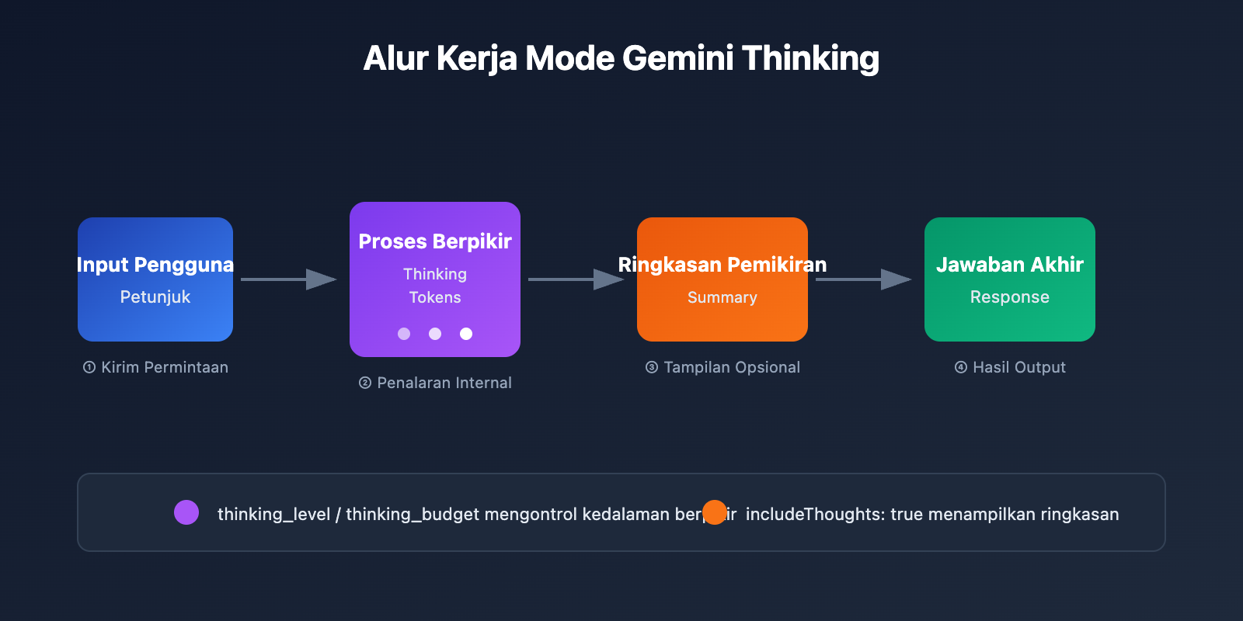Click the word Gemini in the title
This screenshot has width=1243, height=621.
pos(677,59)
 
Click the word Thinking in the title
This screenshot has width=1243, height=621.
pos(810,59)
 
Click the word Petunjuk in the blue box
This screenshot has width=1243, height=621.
pos(155,297)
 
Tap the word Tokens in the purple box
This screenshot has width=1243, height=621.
pos(435,297)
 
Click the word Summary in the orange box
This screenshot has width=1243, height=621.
pos(722,297)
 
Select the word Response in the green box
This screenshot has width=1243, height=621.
pos(1010,297)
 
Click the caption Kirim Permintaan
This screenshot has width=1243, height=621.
pos(164,367)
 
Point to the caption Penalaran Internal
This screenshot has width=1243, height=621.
pos(444,383)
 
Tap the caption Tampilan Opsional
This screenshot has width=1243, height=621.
pos(731,367)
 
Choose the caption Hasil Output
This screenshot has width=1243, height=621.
pos(1018,367)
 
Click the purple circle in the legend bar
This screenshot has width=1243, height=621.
pos(186,512)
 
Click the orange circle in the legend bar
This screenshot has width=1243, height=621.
pos(714,512)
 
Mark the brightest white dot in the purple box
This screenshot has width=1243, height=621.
pos(466,334)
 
